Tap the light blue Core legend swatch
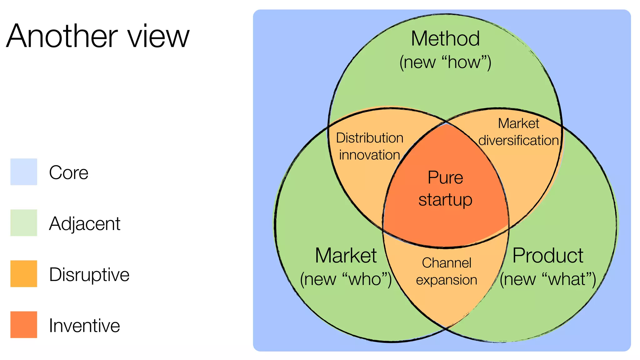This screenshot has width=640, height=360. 24,172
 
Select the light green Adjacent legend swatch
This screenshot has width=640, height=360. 24,223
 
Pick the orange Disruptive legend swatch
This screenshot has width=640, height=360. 24,274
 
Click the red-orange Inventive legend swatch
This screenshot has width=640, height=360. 24,325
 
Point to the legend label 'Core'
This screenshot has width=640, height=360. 69,172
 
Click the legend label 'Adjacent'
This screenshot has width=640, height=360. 85,224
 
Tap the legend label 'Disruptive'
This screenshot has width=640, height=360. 89,275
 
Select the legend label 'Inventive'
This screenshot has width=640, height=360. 84,326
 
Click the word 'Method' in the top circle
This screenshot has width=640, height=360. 445,39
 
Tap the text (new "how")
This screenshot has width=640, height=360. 445,62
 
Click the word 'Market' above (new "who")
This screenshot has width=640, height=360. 346,256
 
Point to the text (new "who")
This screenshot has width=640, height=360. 346,279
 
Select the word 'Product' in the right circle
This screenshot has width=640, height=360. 548,256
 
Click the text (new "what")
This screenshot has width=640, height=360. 548,279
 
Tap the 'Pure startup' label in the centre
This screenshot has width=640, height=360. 445,188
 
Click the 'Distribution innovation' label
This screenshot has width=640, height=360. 370,146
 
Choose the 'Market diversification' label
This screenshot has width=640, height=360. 518,132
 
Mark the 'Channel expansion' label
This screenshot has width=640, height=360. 447,271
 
